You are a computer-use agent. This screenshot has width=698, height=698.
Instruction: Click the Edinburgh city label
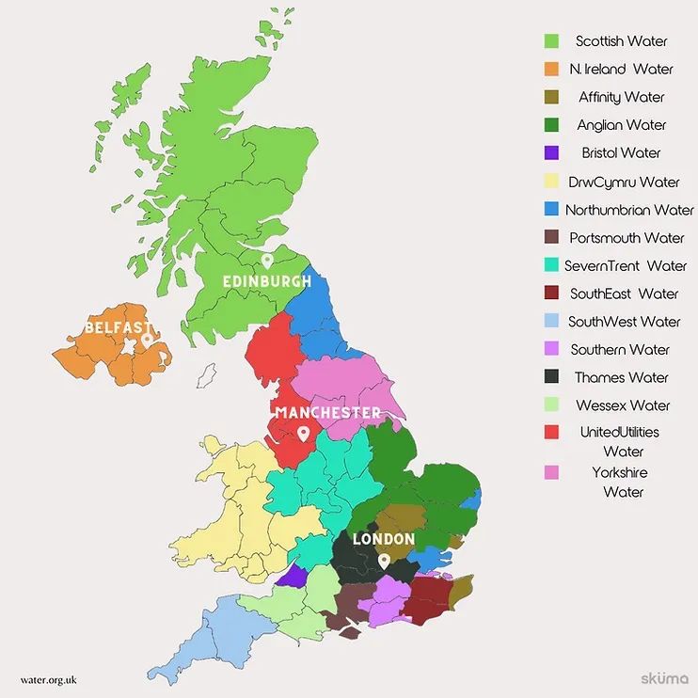tap(266, 281)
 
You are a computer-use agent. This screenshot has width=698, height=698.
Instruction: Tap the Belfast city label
tap(117, 327)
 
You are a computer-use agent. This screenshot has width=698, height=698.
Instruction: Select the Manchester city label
tap(328, 413)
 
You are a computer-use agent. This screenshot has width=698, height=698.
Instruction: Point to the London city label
tap(383, 539)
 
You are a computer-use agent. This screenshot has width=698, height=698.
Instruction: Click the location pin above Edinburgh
tap(266, 261)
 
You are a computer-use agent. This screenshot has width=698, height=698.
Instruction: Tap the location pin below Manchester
tap(303, 434)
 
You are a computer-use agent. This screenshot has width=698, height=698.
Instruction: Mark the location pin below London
tap(384, 560)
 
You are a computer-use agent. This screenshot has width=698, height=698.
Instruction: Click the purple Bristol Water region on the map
tap(293, 575)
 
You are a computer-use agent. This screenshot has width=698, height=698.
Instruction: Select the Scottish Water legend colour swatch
tap(551, 40)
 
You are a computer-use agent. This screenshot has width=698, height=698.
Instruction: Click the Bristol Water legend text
tap(621, 152)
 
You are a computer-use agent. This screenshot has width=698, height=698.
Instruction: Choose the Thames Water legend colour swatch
tap(551, 377)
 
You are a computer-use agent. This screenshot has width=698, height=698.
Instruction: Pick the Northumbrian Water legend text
tap(629, 210)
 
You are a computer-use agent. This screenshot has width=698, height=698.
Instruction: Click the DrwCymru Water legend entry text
tap(624, 182)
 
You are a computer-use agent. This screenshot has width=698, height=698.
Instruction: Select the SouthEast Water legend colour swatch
tap(551, 293)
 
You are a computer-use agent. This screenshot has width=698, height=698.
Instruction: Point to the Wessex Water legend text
tap(624, 405)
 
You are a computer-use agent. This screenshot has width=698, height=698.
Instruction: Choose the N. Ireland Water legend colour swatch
tap(551, 69)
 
